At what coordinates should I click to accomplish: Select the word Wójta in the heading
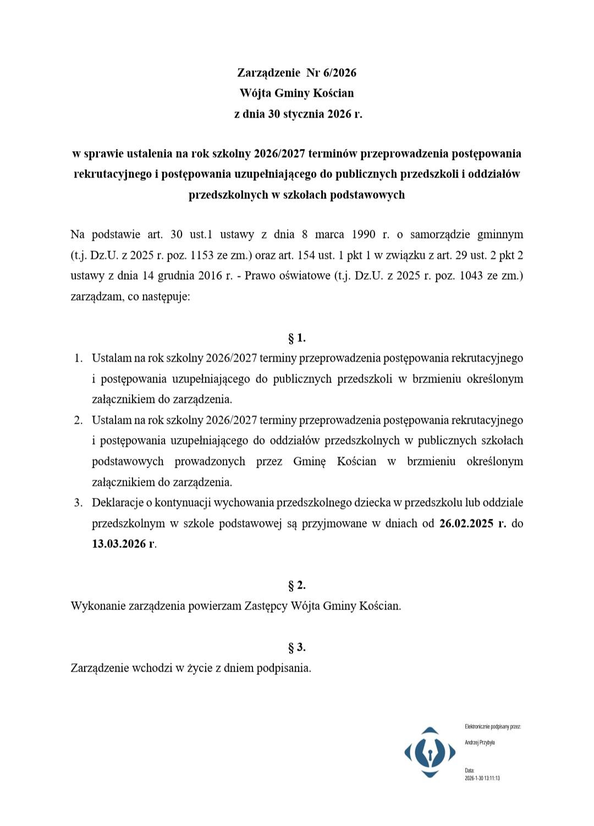point(255,93)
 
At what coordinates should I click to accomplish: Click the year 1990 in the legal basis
point(361,235)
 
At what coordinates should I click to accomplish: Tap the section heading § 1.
point(297,337)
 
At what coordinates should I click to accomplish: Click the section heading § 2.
point(297,585)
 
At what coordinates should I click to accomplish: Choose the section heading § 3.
point(297,647)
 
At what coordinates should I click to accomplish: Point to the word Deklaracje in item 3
point(117,502)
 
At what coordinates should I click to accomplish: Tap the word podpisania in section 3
point(284,668)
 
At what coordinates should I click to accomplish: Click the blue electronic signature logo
point(430,752)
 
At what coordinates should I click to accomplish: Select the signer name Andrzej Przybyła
point(480,742)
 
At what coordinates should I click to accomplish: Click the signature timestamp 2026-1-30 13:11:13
point(482,778)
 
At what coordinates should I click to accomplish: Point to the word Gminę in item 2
point(309,461)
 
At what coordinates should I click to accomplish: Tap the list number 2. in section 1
point(78,420)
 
